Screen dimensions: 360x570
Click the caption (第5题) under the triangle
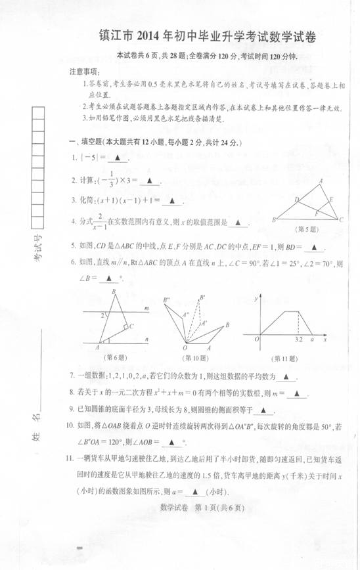click(308, 230)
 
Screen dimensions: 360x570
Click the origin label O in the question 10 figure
click(186, 347)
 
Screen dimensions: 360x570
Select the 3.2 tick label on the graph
click(299, 340)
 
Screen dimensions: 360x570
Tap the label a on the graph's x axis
click(311, 340)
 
